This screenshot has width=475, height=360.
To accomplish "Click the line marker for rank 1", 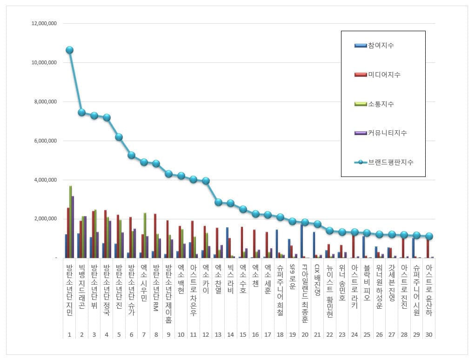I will click(69, 50).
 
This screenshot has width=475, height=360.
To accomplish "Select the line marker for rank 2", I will click(81, 112).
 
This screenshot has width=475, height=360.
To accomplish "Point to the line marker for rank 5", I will click(119, 137).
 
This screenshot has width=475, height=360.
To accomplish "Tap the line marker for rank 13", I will click(218, 202).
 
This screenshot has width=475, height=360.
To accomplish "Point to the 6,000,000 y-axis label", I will click(43, 141).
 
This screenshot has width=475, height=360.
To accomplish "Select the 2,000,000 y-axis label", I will click(43, 219).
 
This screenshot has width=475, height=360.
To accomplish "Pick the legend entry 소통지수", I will click(381, 104).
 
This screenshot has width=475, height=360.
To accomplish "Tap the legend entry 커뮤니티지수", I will click(387, 133).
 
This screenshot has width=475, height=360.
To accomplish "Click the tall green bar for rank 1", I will click(71, 222).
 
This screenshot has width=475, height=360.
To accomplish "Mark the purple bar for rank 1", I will click(73, 227).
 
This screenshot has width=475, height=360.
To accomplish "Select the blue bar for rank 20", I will click(301, 240).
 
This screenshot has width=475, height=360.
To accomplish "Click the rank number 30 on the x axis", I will click(429, 334).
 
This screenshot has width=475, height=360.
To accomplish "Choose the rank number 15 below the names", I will click(243, 334).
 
